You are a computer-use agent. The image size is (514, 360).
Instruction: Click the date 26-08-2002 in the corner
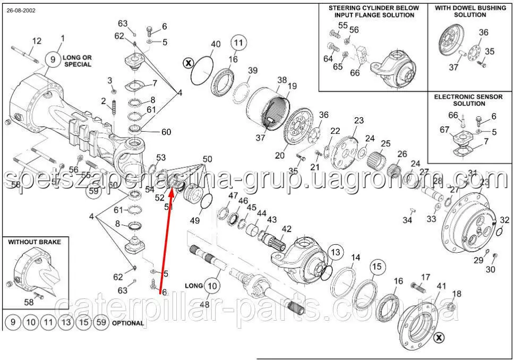click(21, 11)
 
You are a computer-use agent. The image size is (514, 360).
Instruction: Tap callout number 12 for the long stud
click(37, 41)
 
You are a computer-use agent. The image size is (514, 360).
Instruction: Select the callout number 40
click(216, 44)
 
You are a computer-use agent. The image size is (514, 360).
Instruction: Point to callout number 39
click(252, 71)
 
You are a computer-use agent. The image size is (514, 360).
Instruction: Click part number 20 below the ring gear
click(280, 155)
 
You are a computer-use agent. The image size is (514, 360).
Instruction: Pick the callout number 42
click(287, 228)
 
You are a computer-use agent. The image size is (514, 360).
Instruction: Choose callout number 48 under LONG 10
click(204, 305)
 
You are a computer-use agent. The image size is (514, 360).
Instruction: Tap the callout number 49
click(195, 220)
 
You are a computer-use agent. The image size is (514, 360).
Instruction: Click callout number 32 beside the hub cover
click(504, 220)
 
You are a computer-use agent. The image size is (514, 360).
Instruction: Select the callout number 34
click(407, 220)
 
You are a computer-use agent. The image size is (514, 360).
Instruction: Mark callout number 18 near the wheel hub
click(456, 294)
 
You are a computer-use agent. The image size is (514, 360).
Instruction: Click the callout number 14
click(355, 258)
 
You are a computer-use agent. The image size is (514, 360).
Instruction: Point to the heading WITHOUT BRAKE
click(35, 242)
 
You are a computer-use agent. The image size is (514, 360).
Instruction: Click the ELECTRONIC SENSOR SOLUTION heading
click(468, 100)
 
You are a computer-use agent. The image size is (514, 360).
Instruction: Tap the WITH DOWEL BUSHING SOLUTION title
click(470, 11)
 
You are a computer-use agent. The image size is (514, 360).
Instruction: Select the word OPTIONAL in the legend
click(128, 323)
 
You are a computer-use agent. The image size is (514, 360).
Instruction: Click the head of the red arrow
click(171, 192)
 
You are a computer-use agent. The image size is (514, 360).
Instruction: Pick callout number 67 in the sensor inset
click(444, 130)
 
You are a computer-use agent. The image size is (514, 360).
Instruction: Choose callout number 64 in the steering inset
click(328, 59)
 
